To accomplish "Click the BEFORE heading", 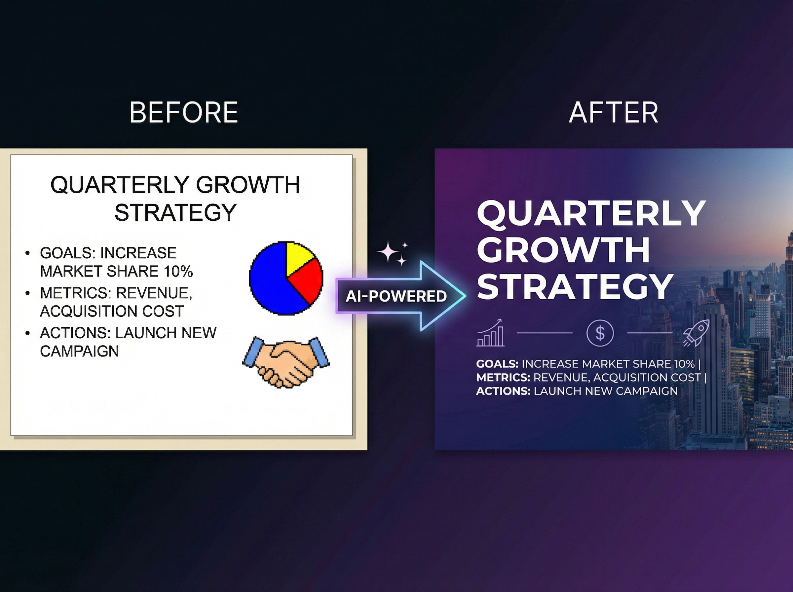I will (183, 113).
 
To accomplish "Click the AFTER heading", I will (613, 113).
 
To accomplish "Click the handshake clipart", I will (286, 362).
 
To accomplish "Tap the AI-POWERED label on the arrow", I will (396, 296).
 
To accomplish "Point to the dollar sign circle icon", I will (600, 333).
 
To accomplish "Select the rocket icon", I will (696, 333).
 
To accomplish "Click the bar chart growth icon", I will (491, 333).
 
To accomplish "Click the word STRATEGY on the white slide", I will (175, 212).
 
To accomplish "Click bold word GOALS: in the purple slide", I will (497, 364).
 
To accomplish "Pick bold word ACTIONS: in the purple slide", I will (503, 391).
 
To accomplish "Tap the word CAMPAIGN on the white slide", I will (79, 351).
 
